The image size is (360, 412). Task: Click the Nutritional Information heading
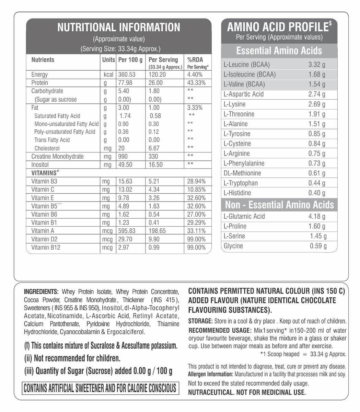(x=118, y=27)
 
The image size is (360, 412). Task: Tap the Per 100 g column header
(x=130, y=60)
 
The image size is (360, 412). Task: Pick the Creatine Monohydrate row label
(x=57, y=157)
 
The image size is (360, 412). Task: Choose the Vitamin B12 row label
(x=46, y=248)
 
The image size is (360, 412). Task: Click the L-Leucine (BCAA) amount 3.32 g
(x=317, y=65)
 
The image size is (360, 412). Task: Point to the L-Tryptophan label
(x=241, y=183)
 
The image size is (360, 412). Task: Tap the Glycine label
(x=233, y=246)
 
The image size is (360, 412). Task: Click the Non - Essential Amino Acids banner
(x=279, y=205)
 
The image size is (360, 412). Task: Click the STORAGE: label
(x=200, y=321)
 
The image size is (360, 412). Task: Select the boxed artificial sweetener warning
(x=100, y=388)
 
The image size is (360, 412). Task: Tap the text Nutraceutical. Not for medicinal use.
(x=247, y=392)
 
